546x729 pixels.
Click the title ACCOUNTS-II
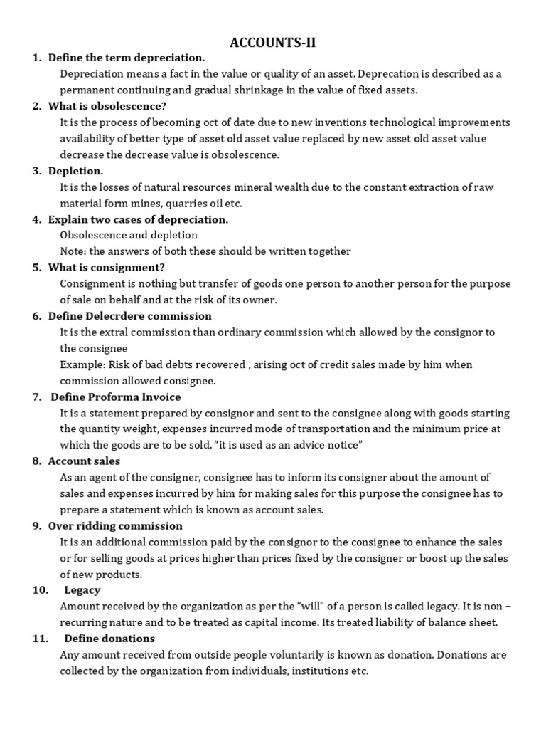click(x=273, y=43)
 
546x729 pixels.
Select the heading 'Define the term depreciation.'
click(x=126, y=58)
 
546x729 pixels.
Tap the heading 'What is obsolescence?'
click(x=107, y=106)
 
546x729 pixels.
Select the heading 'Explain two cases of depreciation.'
click(x=138, y=219)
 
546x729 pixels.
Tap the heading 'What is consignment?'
click(x=106, y=268)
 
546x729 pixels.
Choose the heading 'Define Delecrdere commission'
click(x=129, y=316)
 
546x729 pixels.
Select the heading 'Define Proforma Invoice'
click(x=115, y=397)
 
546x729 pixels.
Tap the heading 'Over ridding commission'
click(x=115, y=526)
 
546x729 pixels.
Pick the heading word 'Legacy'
click(x=82, y=590)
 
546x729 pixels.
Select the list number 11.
click(x=39, y=639)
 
